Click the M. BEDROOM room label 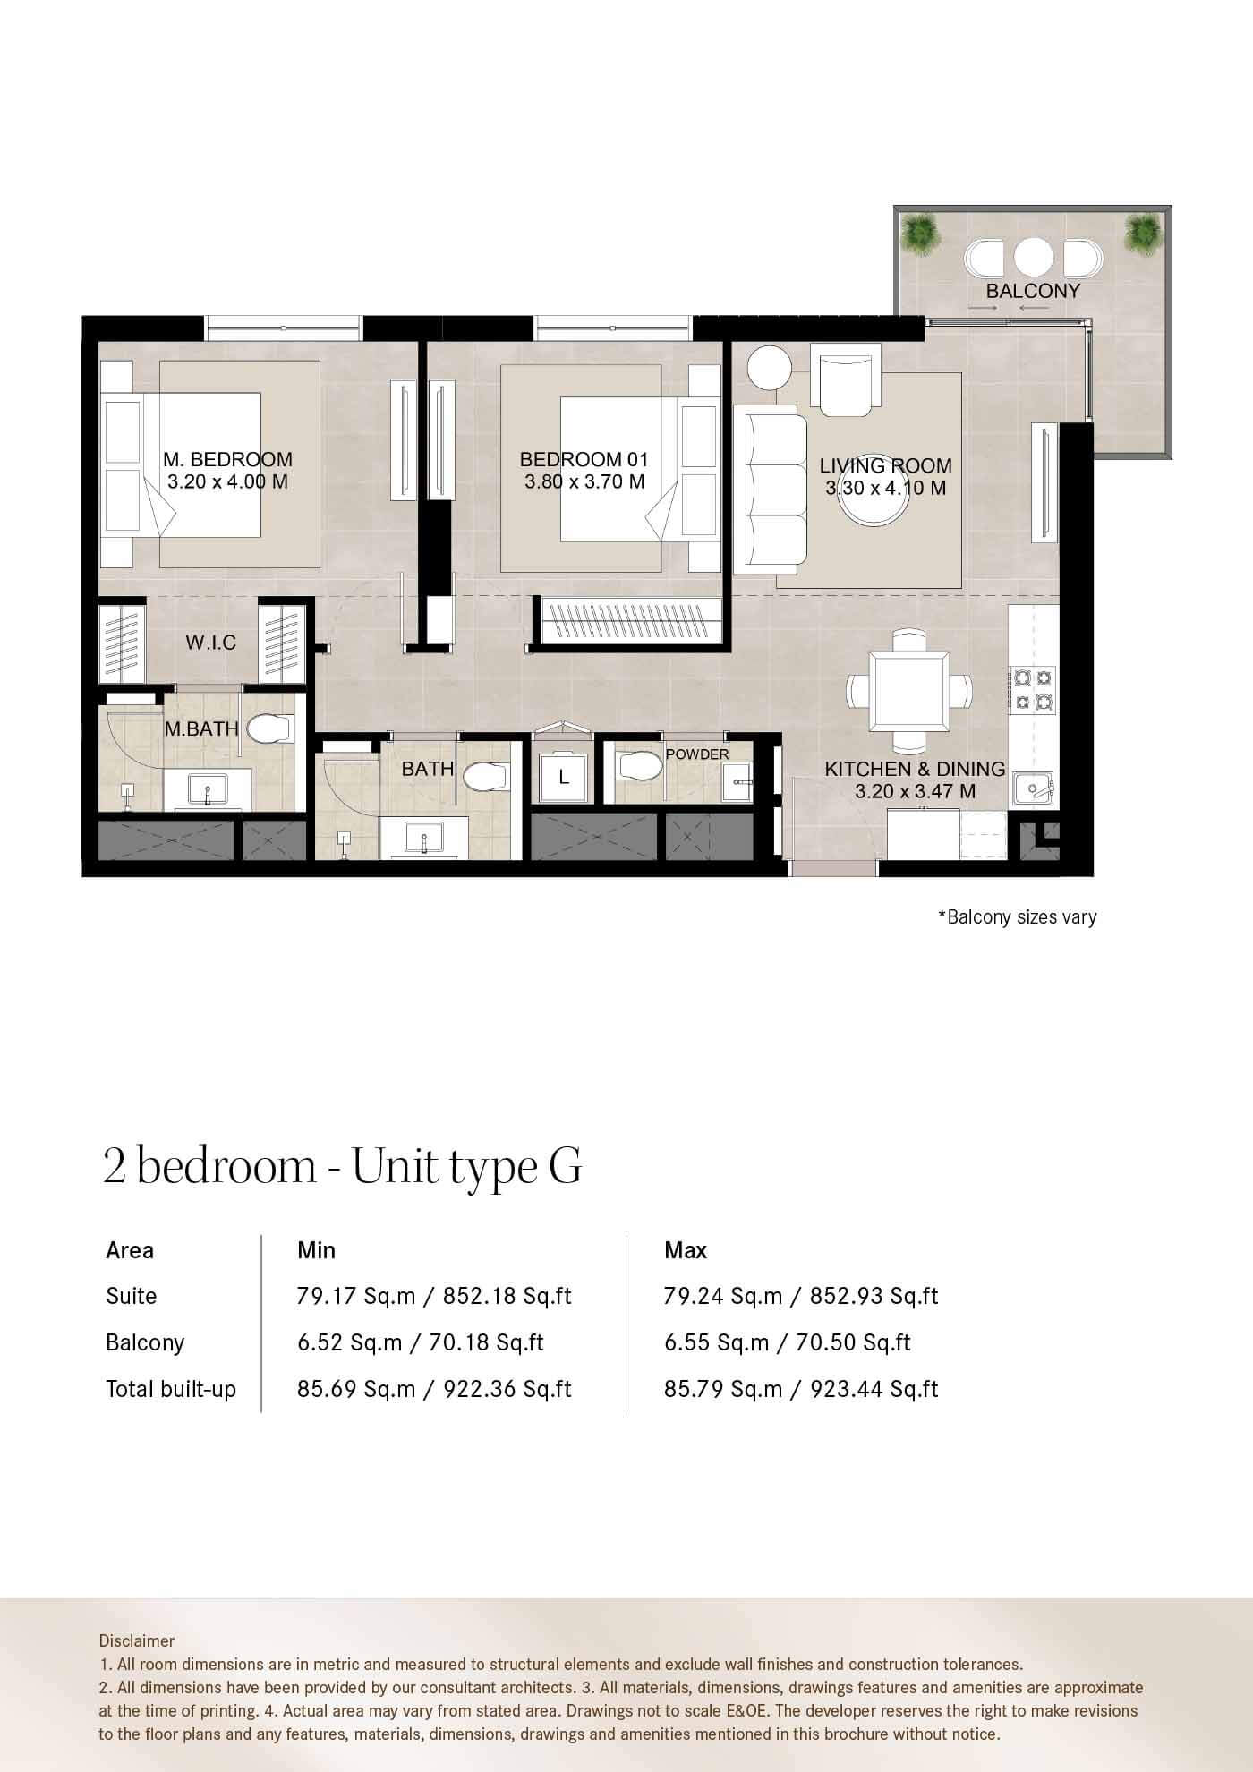pyautogui.click(x=227, y=459)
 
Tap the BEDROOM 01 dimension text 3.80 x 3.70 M pyautogui.click(x=584, y=482)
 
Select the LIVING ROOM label pyautogui.click(x=886, y=465)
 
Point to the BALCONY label pyautogui.click(x=1033, y=291)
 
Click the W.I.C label pyautogui.click(x=211, y=642)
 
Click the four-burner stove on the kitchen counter pyautogui.click(x=1032, y=689)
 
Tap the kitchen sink pyautogui.click(x=1034, y=790)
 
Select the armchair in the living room pyautogui.click(x=845, y=381)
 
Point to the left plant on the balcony pyautogui.click(x=918, y=234)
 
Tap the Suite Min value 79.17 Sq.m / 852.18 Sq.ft pyautogui.click(x=434, y=1296)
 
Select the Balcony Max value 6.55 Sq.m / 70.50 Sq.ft pyautogui.click(x=788, y=1342)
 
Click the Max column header pyautogui.click(x=686, y=1250)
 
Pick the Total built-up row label pyautogui.click(x=171, y=1389)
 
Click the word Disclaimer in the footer pyautogui.click(x=137, y=1640)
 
